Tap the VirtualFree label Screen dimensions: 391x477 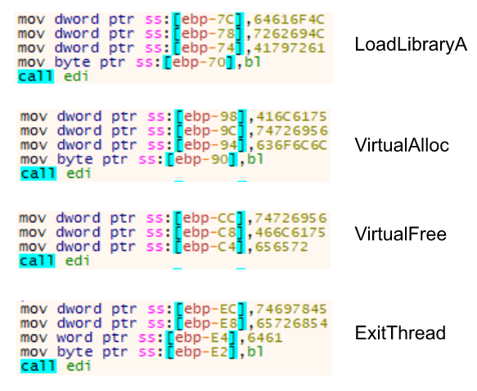coord(401,234)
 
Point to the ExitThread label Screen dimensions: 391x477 coord(400,333)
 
